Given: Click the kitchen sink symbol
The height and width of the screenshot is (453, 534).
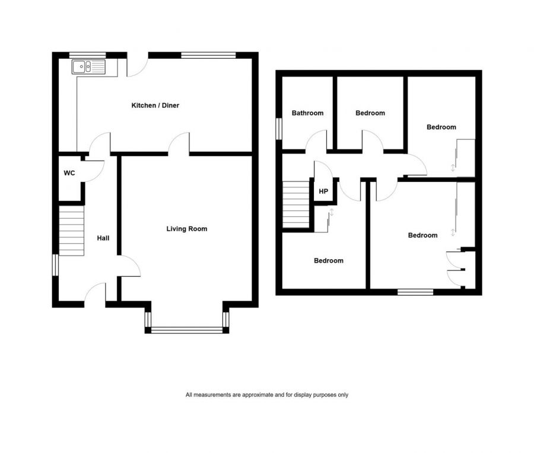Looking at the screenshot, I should click(x=87, y=66).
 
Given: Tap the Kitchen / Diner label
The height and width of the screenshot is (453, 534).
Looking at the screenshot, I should click(x=155, y=106).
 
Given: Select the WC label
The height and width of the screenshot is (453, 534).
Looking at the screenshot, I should click(x=69, y=174).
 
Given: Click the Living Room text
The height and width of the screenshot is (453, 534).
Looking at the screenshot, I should click(x=186, y=228).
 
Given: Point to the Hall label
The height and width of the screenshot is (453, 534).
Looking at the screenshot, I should click(x=103, y=238).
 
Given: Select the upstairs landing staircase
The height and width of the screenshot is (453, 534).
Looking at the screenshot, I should click(x=296, y=205).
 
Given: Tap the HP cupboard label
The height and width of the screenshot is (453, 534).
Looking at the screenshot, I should click(x=323, y=192).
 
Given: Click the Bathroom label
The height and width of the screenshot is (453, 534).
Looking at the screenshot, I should click(x=307, y=113).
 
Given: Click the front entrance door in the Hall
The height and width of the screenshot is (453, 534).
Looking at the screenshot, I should click(x=96, y=295).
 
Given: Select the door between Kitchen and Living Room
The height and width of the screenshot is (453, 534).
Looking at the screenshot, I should click(x=179, y=145).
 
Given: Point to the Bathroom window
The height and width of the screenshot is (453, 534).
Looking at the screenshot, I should click(x=278, y=129).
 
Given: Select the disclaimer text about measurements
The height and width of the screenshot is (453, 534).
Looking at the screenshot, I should click(x=266, y=395).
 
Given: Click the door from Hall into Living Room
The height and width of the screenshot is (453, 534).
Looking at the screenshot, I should click(x=130, y=266).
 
